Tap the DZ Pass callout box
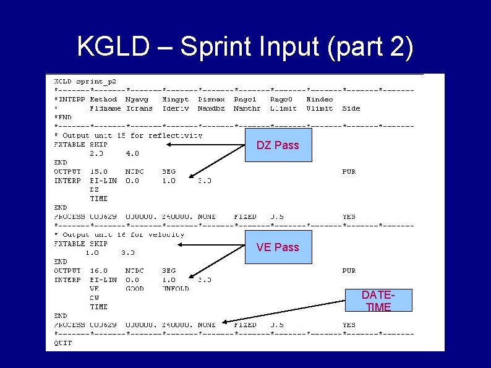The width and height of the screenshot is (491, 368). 278,145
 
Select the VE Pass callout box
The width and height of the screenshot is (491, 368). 278,247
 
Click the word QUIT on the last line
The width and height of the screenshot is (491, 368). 64,342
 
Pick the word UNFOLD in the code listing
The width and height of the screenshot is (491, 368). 176,288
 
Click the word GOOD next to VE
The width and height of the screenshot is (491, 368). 134,288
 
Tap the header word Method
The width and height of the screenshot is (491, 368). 103,99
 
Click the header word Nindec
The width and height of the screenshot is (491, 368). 320,99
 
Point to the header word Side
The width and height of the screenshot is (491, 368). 351,108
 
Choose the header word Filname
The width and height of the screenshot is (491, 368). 105,108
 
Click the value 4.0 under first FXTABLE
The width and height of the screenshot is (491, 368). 132,153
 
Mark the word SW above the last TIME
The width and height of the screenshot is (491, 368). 95,297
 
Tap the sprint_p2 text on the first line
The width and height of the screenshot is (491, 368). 96,81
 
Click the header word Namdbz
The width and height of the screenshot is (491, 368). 212,108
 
